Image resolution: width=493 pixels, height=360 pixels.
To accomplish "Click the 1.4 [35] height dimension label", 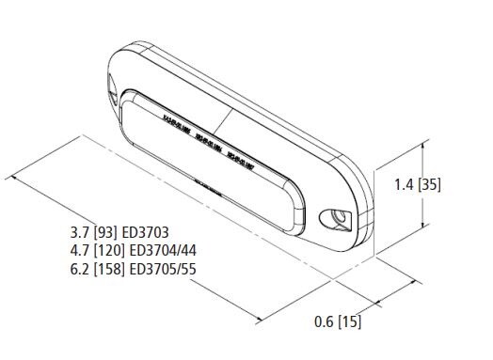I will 418,184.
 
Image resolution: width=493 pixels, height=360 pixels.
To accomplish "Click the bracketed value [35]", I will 430,184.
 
